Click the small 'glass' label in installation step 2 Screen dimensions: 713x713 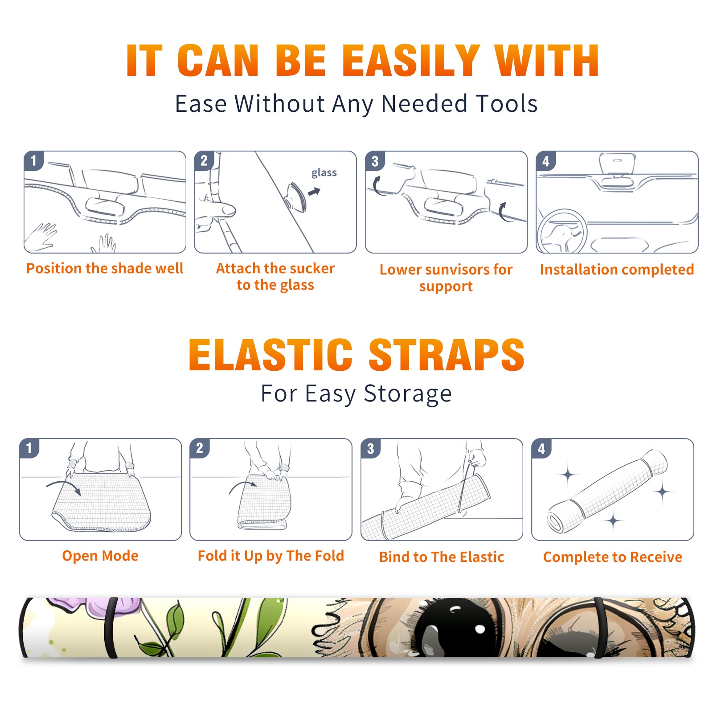pyautogui.click(x=324, y=173)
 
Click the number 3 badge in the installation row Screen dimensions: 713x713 pyautogui.click(x=375, y=161)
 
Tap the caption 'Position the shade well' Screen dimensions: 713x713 pyautogui.click(x=105, y=268)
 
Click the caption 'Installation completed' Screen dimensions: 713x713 pyautogui.click(x=617, y=269)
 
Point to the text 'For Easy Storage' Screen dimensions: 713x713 pyautogui.click(x=356, y=394)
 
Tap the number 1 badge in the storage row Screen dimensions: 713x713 pyautogui.click(x=29, y=448)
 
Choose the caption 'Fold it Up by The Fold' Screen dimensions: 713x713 pyautogui.click(x=271, y=556)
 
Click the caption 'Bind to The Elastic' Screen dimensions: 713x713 pyautogui.click(x=442, y=557)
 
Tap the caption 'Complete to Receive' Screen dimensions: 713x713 pyautogui.click(x=613, y=557)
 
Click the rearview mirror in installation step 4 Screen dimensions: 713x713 pyautogui.click(x=617, y=164)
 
